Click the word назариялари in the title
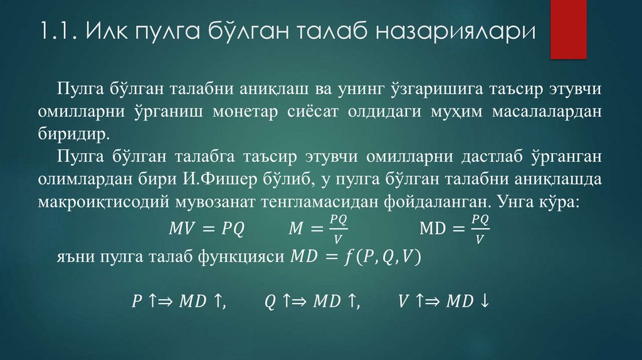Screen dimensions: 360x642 pos(456,31)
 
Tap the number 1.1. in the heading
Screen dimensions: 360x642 pos(58,31)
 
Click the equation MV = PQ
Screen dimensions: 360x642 pos(206,229)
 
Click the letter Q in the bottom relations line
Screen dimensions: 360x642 pos(270,302)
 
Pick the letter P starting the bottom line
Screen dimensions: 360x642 pos(136,302)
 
